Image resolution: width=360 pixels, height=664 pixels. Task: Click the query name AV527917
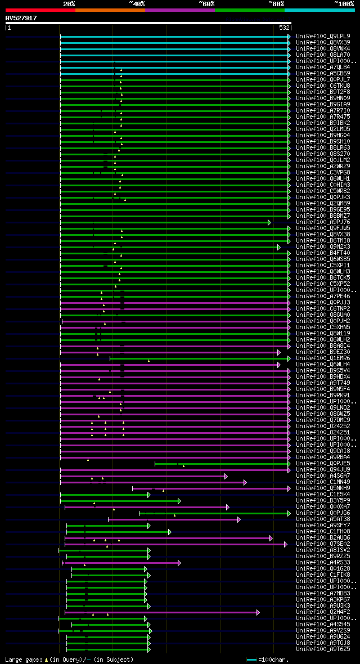(x=21, y=18)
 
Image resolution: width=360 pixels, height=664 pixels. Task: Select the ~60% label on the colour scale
(x=206, y=3)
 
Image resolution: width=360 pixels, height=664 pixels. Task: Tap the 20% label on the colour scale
(x=69, y=3)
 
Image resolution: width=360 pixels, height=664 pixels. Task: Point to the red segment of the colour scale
(x=40, y=10)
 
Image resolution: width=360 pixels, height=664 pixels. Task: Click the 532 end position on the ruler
(x=284, y=28)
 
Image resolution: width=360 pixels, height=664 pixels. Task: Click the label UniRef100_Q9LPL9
(x=322, y=36)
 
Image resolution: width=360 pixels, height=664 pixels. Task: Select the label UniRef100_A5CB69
(x=322, y=73)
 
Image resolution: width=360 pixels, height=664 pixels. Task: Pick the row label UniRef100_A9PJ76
(x=322, y=222)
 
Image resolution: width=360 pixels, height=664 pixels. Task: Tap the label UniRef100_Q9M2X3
(x=322, y=246)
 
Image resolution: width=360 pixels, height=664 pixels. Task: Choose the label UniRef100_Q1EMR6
(x=322, y=358)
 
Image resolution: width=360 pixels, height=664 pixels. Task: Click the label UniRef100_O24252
(x=322, y=426)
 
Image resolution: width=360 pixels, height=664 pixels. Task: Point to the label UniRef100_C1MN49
(x=322, y=482)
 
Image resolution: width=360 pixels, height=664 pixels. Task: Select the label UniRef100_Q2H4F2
(x=322, y=612)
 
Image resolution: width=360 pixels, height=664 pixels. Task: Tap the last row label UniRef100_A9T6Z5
(x=322, y=649)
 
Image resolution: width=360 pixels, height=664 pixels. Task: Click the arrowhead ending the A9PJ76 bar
(x=269, y=222)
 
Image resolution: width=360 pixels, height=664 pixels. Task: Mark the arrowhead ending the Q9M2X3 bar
(x=278, y=247)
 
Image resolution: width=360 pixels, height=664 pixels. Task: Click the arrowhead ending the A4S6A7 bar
(x=226, y=476)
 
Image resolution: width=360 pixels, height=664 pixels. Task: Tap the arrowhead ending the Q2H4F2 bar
(x=258, y=612)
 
